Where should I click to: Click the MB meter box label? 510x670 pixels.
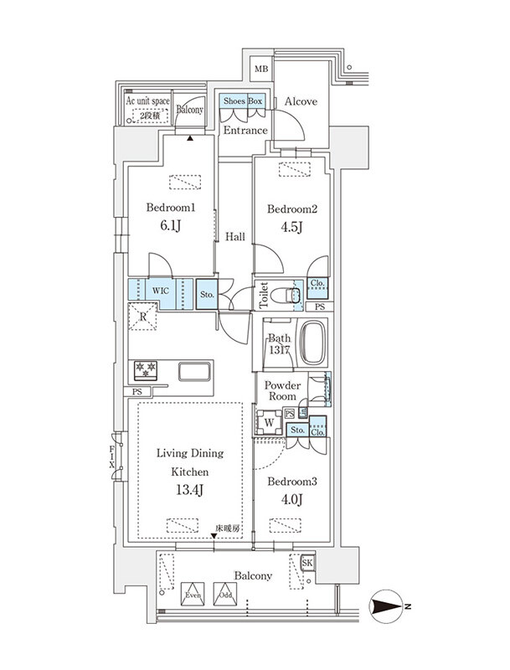(261, 69)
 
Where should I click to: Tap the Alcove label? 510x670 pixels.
(301, 101)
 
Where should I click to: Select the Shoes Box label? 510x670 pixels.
(243, 101)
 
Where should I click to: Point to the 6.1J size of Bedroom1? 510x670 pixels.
(171, 225)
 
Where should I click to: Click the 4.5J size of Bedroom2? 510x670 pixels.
(291, 227)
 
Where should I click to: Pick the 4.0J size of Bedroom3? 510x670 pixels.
(291, 498)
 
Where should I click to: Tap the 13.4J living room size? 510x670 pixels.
(189, 489)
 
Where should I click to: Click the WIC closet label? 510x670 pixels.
(161, 291)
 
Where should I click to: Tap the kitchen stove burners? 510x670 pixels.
(146, 370)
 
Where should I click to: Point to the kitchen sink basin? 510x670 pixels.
(194, 371)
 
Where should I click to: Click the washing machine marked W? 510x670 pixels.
(269, 423)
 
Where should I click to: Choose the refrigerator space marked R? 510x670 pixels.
(142, 317)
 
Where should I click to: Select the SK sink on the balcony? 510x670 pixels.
(307, 563)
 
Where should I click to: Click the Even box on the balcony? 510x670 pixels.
(193, 594)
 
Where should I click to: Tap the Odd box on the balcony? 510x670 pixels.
(225, 594)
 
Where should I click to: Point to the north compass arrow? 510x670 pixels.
(387, 606)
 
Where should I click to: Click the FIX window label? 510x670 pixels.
(112, 456)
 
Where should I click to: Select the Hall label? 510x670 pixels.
(235, 237)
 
